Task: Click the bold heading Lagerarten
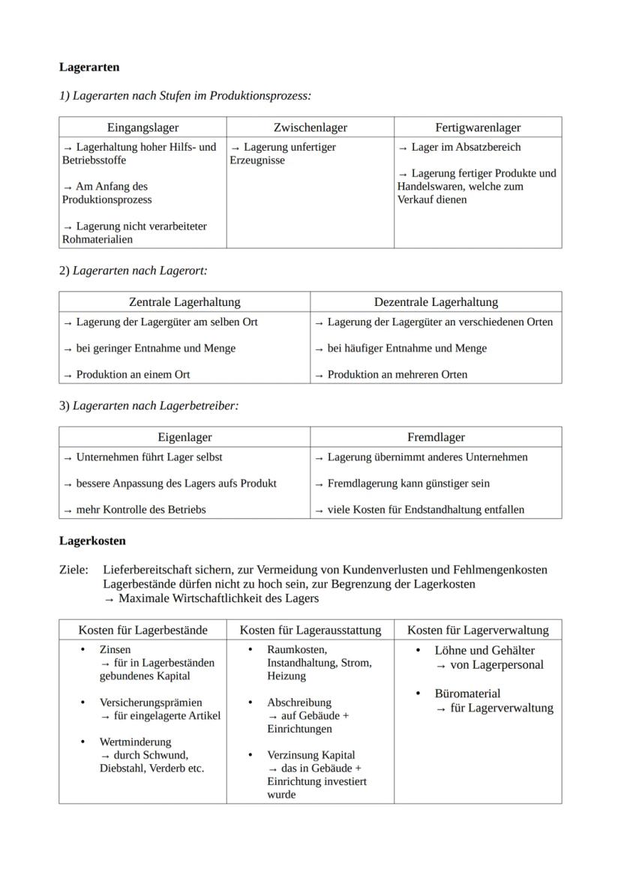[x=89, y=67]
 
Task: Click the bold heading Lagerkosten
[x=92, y=540]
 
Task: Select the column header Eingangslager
[x=142, y=127]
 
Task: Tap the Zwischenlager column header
[x=310, y=127]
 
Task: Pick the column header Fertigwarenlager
[x=478, y=127]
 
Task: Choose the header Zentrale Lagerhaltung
[x=184, y=302]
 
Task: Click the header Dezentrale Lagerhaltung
[x=436, y=302]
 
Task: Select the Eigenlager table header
[x=184, y=437]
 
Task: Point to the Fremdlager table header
[x=436, y=437]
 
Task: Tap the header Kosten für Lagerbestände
[x=142, y=630]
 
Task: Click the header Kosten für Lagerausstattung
[x=310, y=630]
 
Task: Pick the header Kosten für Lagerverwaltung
[x=478, y=630]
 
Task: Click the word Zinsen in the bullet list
[x=115, y=649]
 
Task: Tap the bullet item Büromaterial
[x=467, y=694]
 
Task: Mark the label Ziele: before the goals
[x=73, y=570]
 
